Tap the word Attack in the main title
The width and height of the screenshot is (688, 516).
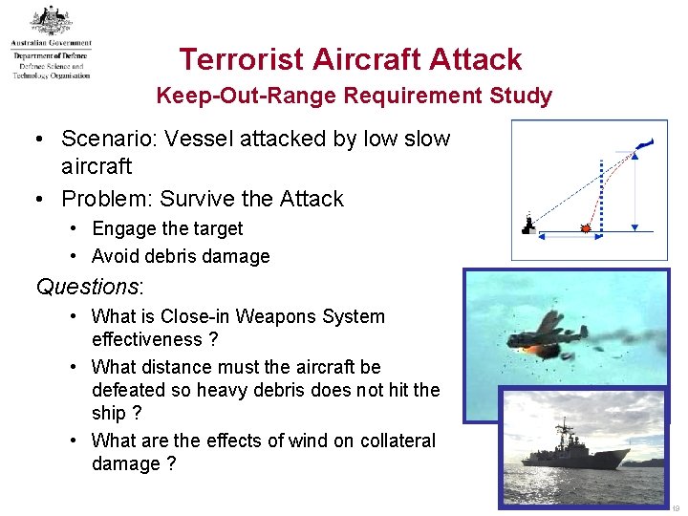(x=475, y=59)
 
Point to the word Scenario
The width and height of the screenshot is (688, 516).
(x=104, y=139)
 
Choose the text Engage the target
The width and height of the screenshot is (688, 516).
(x=167, y=228)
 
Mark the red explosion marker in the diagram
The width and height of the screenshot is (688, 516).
(x=585, y=227)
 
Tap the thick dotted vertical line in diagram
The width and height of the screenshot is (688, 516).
(x=601, y=191)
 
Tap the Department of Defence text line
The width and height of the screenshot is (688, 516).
(x=51, y=55)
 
